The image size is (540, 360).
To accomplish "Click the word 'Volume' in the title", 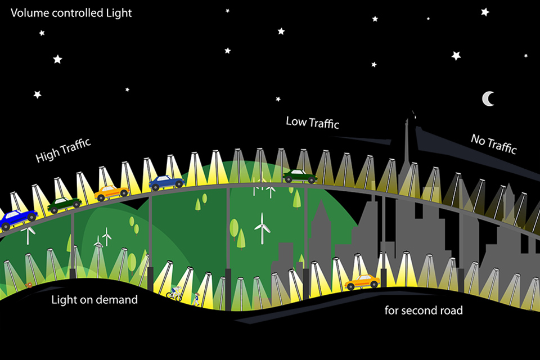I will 30,12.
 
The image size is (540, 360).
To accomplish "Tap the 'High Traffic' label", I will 63,151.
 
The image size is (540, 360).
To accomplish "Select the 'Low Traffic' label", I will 312,122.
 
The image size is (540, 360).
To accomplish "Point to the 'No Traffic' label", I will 493,144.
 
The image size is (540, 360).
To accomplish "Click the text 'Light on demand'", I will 94,300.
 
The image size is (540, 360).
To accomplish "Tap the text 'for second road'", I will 423,310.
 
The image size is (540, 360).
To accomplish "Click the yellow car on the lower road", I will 362,281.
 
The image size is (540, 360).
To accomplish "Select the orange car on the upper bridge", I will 111,193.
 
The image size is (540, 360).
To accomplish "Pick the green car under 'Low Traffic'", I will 300,176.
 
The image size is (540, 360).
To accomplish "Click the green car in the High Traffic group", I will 64,205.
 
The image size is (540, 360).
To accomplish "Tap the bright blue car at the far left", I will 16,219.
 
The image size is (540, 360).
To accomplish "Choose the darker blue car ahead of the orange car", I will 166,182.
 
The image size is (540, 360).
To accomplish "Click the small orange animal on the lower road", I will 29,286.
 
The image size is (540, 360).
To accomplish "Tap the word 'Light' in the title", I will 119,12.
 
